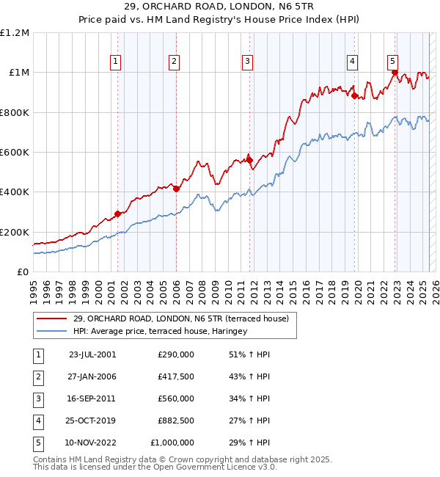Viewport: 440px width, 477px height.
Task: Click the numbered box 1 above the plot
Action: [117, 62]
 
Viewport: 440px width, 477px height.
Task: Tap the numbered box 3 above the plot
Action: [248, 62]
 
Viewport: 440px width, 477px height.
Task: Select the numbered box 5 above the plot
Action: [393, 62]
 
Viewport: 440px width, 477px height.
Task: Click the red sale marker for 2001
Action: [117, 214]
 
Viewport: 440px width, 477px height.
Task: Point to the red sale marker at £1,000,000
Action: [395, 73]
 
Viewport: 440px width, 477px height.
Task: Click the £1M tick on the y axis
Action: [18, 73]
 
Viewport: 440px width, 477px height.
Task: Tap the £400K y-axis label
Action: [15, 192]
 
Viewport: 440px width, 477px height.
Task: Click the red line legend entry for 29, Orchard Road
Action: [181, 318]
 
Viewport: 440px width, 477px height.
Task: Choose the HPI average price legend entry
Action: [161, 332]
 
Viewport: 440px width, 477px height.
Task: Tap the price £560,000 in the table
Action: [176, 398]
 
